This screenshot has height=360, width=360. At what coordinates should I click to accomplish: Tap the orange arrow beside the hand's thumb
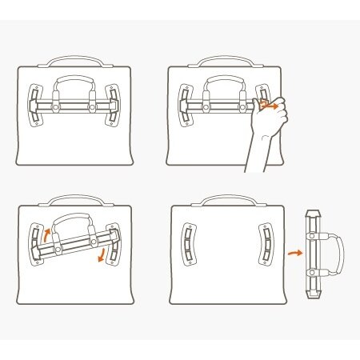click(274, 104)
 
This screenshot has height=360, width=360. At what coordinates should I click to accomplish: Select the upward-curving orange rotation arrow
click(46, 235)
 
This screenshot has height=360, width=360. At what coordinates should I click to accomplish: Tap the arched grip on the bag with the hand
click(225, 81)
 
